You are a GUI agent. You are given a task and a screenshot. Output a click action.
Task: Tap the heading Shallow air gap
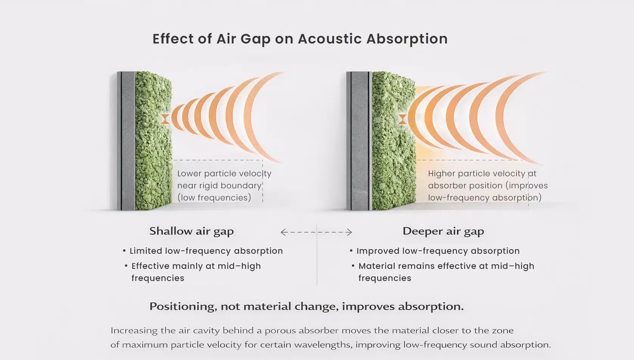(191, 231)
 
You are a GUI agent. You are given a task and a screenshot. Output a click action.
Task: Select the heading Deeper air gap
(443, 231)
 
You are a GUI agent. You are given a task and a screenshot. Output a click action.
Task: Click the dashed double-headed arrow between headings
(316, 232)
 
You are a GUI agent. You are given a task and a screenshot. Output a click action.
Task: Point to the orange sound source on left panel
(165, 119)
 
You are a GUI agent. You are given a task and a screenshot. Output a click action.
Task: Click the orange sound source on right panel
(402, 119)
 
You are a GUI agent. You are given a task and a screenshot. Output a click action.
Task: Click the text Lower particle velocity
(224, 174)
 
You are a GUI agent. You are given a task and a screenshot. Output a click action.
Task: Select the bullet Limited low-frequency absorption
(206, 251)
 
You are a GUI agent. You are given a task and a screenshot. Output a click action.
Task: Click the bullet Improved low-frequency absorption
(438, 251)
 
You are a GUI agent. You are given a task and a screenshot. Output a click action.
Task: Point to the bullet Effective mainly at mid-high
(196, 266)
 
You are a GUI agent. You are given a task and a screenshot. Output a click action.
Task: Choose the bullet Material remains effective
(446, 266)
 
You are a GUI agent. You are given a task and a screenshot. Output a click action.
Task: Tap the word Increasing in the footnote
(134, 331)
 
